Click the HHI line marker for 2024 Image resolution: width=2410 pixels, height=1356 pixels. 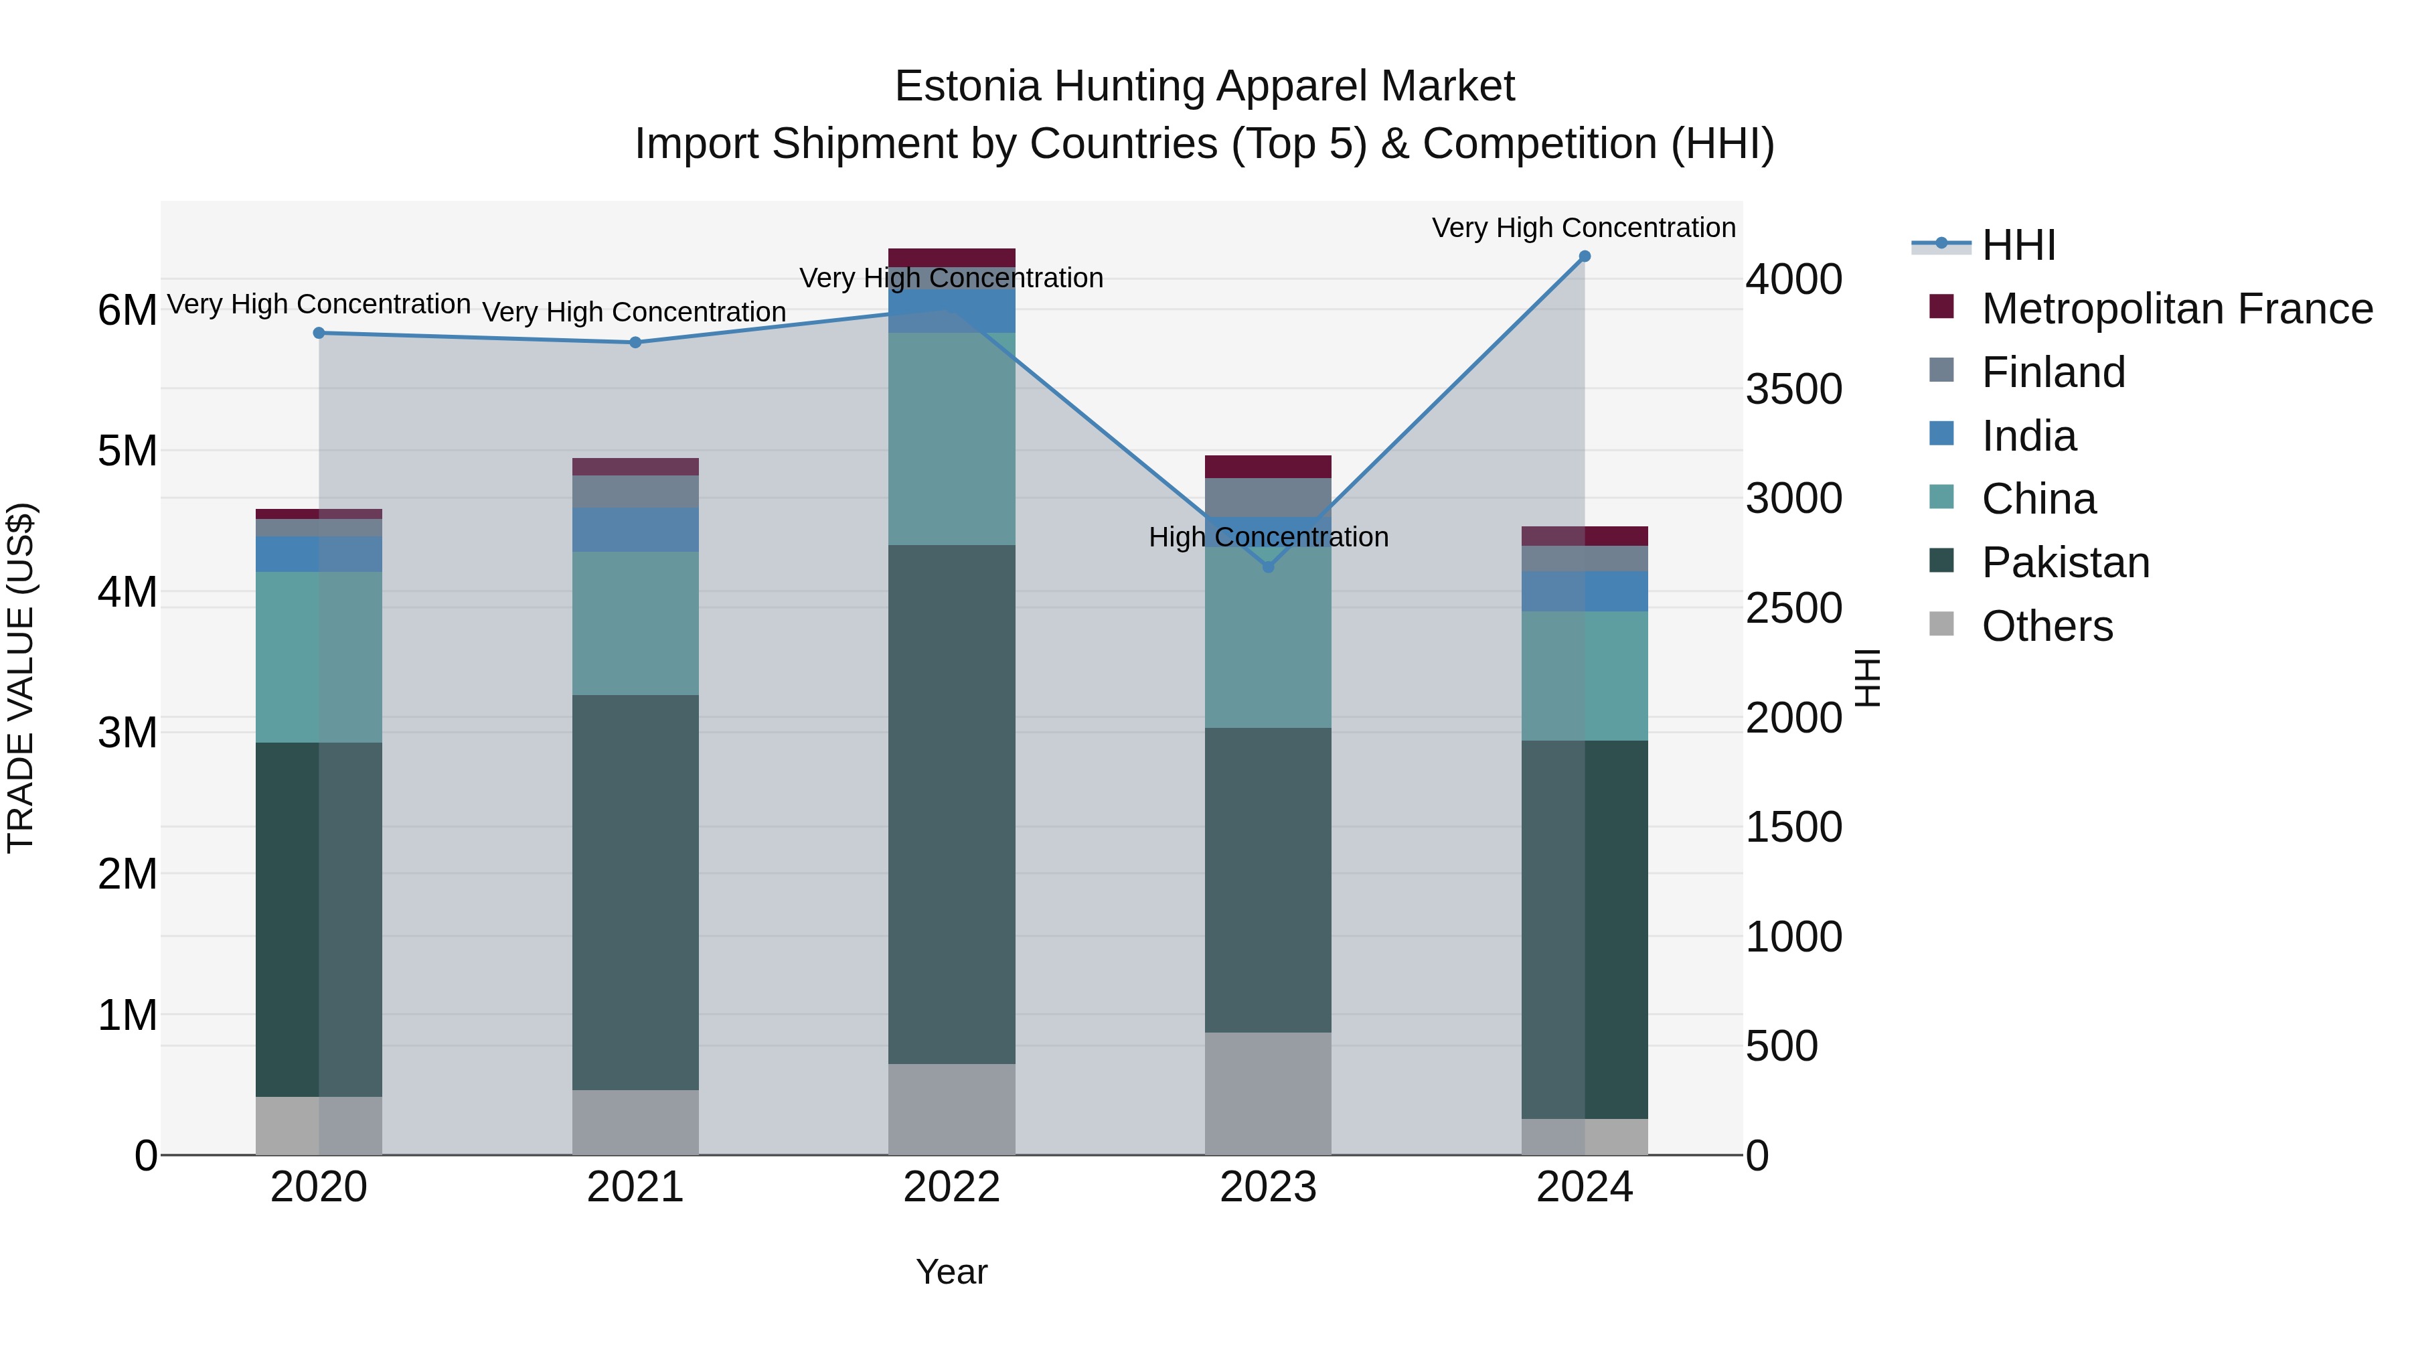click(x=1584, y=256)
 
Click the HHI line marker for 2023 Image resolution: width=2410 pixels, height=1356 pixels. click(x=1268, y=567)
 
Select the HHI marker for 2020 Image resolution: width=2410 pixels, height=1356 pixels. click(x=319, y=333)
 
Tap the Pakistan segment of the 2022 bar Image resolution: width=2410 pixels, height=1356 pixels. click(x=951, y=805)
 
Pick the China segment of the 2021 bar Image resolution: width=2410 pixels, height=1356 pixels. click(x=635, y=623)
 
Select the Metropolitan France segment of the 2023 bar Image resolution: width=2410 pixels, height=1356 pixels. click(x=1268, y=467)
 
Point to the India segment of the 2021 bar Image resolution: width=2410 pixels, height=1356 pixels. click(x=635, y=530)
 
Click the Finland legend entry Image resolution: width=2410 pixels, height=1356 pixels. click(x=2053, y=372)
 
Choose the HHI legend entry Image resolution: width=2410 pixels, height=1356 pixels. click(x=2018, y=245)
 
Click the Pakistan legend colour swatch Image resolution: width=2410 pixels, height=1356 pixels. click(x=1941, y=562)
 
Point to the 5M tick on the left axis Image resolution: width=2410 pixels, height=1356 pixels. click(x=127, y=451)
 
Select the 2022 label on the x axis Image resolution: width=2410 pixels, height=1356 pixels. click(x=951, y=1187)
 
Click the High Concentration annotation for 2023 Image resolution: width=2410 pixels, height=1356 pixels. click(x=1268, y=537)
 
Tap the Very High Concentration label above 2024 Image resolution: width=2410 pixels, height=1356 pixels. click(x=1583, y=228)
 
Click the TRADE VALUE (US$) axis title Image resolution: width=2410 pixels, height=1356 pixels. click(x=21, y=678)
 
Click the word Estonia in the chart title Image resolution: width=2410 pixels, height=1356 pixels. click(x=967, y=86)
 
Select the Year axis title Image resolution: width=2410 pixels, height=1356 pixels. click(x=951, y=1272)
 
